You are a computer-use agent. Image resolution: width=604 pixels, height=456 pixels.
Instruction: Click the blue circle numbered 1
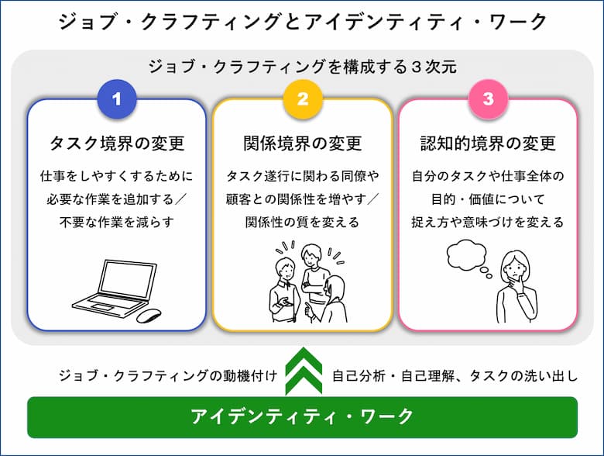pyautogui.click(x=117, y=98)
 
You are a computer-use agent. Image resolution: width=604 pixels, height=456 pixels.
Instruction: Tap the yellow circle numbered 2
pyautogui.click(x=302, y=98)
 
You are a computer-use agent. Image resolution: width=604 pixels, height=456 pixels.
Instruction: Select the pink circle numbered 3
pyautogui.click(x=488, y=98)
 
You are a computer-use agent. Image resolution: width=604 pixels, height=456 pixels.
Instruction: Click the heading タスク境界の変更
pyautogui.click(x=117, y=143)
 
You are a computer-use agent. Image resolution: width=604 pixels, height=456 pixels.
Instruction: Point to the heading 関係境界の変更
pyautogui.click(x=302, y=143)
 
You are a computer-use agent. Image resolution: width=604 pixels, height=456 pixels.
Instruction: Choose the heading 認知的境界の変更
pyautogui.click(x=488, y=143)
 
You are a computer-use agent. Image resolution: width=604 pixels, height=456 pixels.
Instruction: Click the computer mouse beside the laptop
pyautogui.click(x=149, y=315)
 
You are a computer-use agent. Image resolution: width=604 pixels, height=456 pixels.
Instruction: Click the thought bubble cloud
pyautogui.click(x=466, y=254)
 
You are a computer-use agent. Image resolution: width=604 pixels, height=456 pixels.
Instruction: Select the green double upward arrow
pyautogui.click(x=304, y=371)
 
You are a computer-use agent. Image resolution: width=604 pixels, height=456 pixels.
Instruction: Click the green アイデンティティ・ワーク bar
pyautogui.click(x=302, y=417)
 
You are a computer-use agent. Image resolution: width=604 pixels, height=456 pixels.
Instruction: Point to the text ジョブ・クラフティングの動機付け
pyautogui.click(x=168, y=375)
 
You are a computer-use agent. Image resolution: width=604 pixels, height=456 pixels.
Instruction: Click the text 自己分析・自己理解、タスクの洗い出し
pyautogui.click(x=455, y=375)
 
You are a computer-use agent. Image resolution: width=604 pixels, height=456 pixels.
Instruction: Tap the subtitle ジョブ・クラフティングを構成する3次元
pyautogui.click(x=302, y=67)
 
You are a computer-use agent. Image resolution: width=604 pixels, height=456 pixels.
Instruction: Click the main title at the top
pyautogui.click(x=302, y=21)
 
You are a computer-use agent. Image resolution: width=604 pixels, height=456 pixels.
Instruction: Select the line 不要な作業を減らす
pyautogui.click(x=117, y=223)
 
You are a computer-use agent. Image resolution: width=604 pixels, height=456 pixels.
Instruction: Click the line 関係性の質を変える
pyautogui.click(x=302, y=223)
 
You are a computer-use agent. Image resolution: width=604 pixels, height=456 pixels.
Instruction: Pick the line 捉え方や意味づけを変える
pyautogui.click(x=488, y=223)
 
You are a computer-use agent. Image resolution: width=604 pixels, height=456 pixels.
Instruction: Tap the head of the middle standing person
pyautogui.click(x=311, y=255)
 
